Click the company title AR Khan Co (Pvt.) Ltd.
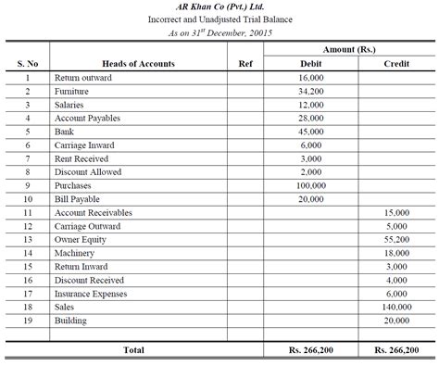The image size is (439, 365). [x=219, y=7]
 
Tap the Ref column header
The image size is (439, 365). [x=245, y=64]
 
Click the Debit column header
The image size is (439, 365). [x=310, y=64]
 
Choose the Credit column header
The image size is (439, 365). [x=397, y=64]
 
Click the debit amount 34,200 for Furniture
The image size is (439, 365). [x=310, y=92]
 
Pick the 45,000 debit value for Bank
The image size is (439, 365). [x=310, y=132]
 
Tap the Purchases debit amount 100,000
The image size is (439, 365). [x=310, y=185]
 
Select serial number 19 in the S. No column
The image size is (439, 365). [x=28, y=320]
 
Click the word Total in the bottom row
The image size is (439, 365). [x=134, y=350]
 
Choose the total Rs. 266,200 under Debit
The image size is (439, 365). [x=310, y=350]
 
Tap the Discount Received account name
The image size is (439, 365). [x=88, y=279]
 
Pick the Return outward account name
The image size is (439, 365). [x=83, y=78]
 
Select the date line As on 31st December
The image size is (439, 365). [x=219, y=32]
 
